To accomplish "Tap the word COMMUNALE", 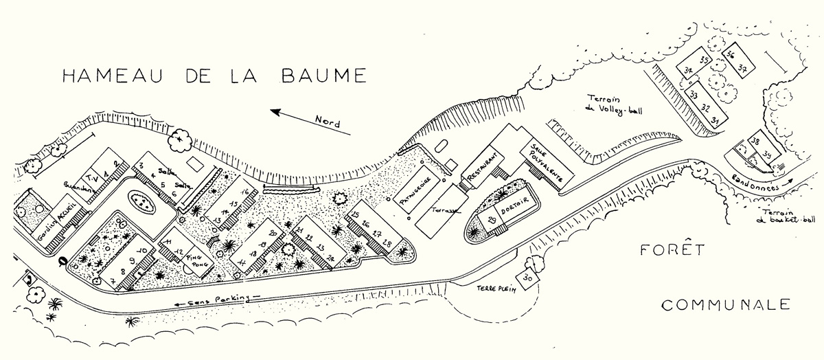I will (x=726, y=304).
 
